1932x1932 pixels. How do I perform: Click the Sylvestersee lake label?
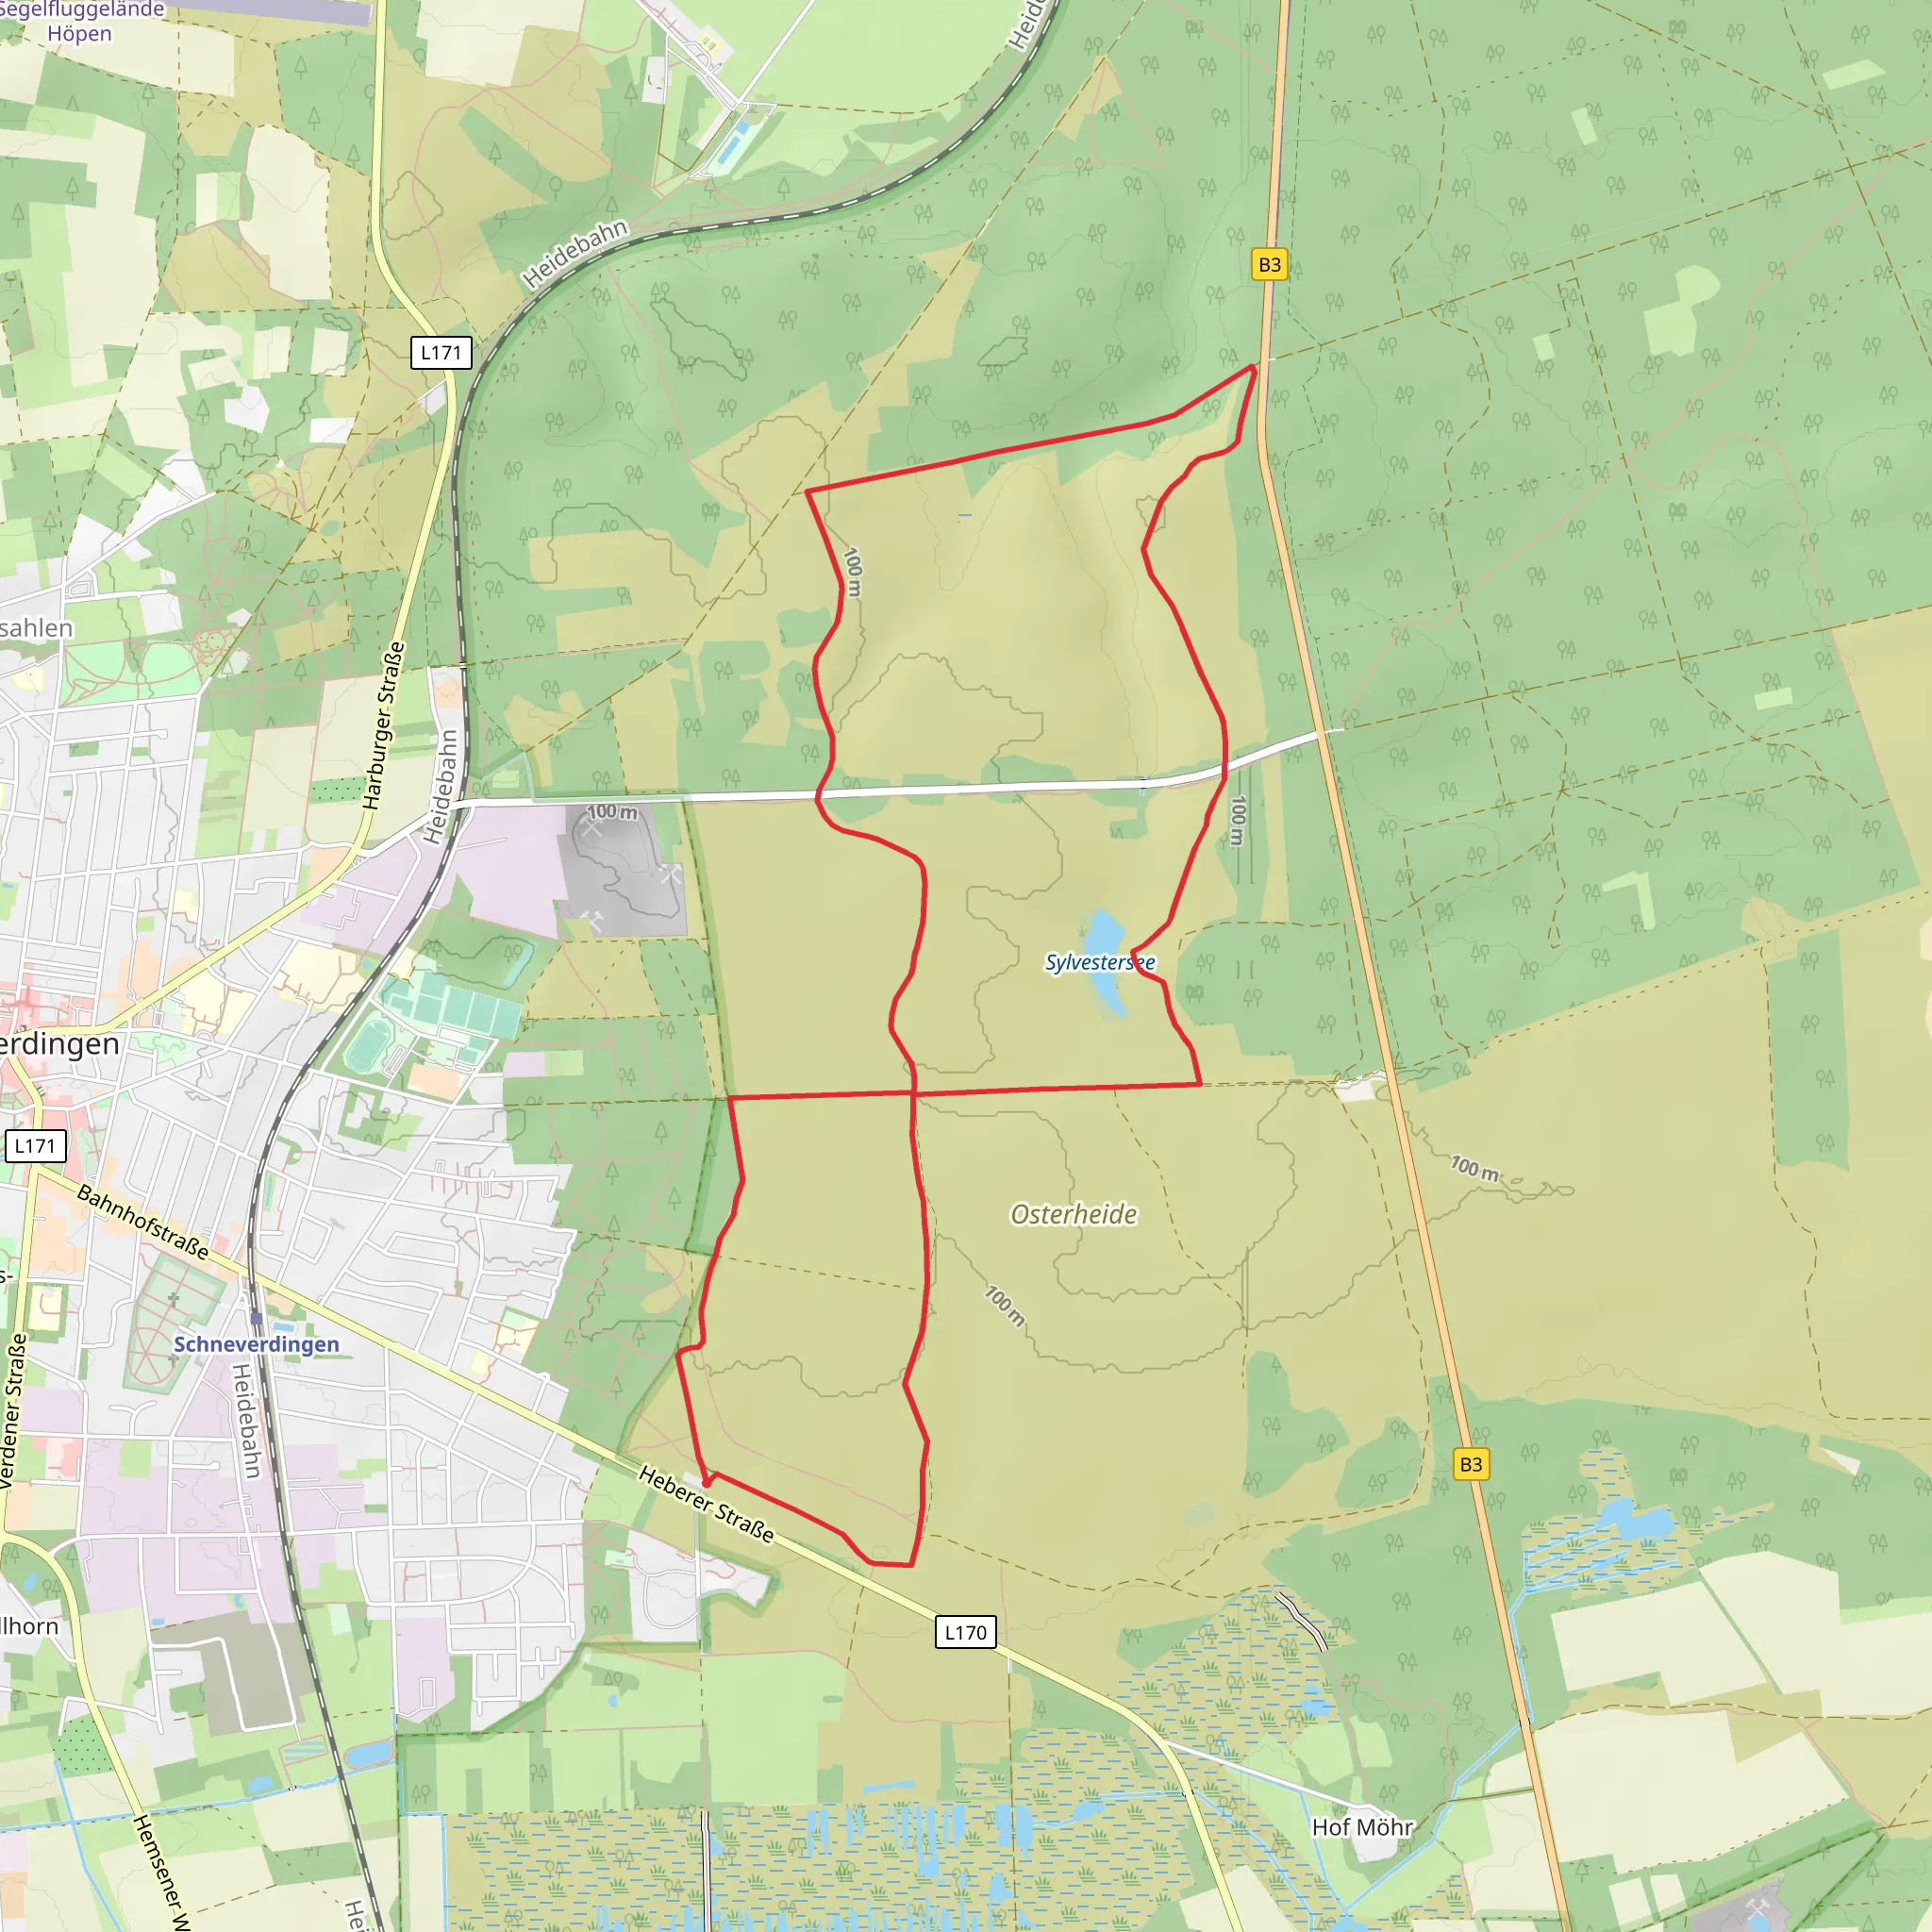pyautogui.click(x=1099, y=962)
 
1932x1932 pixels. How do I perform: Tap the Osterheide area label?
pyautogui.click(x=1074, y=1214)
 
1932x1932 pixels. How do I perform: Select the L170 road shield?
pyautogui.click(x=965, y=1632)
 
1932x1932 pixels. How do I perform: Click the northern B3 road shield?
pyautogui.click(x=1269, y=265)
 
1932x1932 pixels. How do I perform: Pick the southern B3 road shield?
pyautogui.click(x=1471, y=1464)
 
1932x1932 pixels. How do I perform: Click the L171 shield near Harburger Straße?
pyautogui.click(x=441, y=352)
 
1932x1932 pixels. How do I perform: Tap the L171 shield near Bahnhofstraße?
pyautogui.click(x=35, y=1146)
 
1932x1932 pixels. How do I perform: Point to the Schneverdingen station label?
pyautogui.click(x=256, y=1344)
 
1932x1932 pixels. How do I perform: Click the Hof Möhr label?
pyautogui.click(x=1362, y=1827)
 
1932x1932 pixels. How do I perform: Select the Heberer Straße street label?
pyautogui.click(x=706, y=1504)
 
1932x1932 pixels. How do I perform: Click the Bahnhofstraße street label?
pyautogui.click(x=143, y=1222)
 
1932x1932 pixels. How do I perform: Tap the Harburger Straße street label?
pyautogui.click(x=384, y=725)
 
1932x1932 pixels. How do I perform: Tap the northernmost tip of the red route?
pyautogui.click(x=1252, y=367)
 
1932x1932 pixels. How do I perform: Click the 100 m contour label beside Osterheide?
pyautogui.click(x=1004, y=1305)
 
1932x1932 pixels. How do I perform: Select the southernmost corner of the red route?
pyautogui.click(x=910, y=1565)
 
